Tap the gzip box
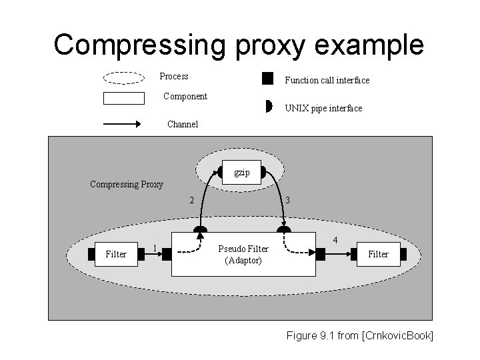coord(242,173)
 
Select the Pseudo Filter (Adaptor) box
coord(243,254)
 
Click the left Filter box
coord(116,254)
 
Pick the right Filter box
coord(378,254)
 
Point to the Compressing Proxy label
coord(127,184)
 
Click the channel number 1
coord(155,248)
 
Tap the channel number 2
coord(191,200)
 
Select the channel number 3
coord(287,200)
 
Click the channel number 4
coord(335,239)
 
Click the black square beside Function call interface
coord(267,79)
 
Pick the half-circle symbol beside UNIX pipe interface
coord(267,107)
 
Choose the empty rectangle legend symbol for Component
coord(124,98)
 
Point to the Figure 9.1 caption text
coord(359,335)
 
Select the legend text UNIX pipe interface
coord(323,108)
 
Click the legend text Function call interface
coord(327,80)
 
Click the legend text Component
coord(185,96)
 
